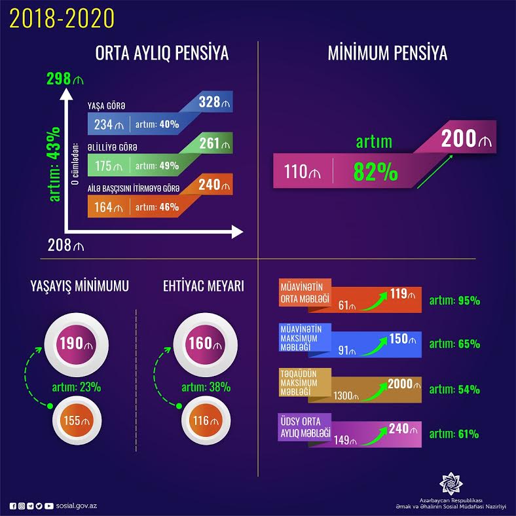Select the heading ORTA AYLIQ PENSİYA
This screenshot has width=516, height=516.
point(162,54)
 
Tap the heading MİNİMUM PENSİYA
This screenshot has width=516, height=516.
point(387,54)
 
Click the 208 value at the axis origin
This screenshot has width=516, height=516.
point(66,245)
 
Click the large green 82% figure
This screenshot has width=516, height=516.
point(375,172)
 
